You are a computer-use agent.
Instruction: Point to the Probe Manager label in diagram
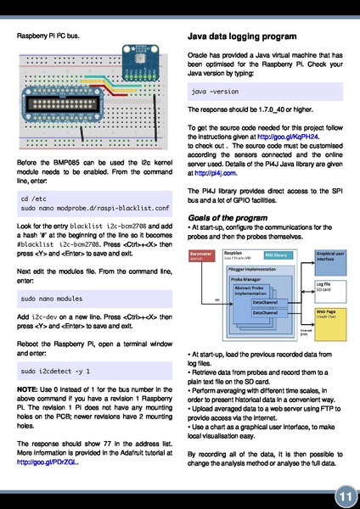[245, 277]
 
